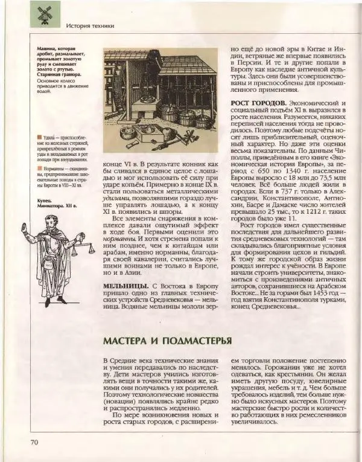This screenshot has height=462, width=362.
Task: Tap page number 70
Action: (x=33, y=443)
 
